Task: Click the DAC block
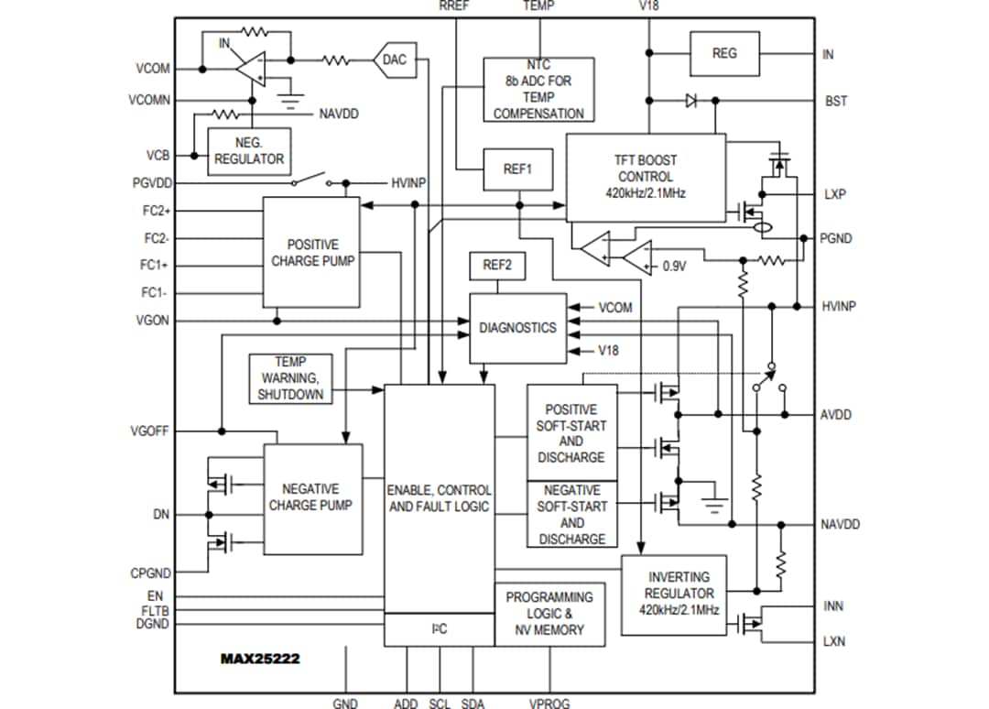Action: pos(394,60)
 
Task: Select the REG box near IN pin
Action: pos(723,53)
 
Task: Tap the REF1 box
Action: pos(517,169)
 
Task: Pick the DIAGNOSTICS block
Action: pos(517,328)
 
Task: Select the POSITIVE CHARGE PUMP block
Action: pos(311,253)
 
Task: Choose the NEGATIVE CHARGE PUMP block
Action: pos(312,498)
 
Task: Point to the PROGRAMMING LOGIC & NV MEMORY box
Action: pos(549,614)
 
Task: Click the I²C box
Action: pos(439,629)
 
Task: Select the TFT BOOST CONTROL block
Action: pos(645,177)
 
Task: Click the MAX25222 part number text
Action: pos(260,658)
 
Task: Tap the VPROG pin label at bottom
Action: pos(549,704)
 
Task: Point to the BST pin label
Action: pos(835,101)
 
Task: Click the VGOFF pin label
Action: pos(149,431)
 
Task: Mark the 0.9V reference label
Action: pos(674,267)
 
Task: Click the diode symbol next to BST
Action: pos(691,101)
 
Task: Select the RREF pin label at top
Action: pos(455,5)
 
